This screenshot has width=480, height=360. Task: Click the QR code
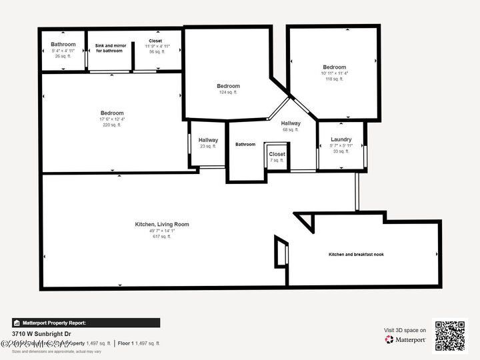click(x=451, y=335)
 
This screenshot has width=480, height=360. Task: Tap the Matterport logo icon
click(x=389, y=339)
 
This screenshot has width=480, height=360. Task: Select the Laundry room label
click(x=341, y=139)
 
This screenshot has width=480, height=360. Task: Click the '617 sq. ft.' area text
click(x=161, y=237)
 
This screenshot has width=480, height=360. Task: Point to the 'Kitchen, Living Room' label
click(x=161, y=225)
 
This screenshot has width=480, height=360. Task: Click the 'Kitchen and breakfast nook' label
click(x=356, y=255)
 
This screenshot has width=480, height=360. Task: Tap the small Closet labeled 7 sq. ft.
click(x=277, y=154)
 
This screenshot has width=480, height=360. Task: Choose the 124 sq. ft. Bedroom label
click(x=228, y=86)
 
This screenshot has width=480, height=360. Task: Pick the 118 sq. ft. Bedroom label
click(x=334, y=67)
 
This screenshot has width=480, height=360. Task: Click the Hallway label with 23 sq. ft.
click(x=208, y=140)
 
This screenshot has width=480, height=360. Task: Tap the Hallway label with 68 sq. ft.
click(x=290, y=123)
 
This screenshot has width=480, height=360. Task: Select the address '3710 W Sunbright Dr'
click(x=41, y=333)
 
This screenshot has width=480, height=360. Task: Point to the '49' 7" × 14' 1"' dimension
click(x=161, y=231)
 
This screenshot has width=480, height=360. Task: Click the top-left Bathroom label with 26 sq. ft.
click(x=63, y=45)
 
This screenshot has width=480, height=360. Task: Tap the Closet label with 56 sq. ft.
click(x=155, y=41)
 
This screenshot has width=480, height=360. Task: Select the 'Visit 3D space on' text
click(x=405, y=330)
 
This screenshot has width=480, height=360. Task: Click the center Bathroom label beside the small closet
click(x=245, y=144)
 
